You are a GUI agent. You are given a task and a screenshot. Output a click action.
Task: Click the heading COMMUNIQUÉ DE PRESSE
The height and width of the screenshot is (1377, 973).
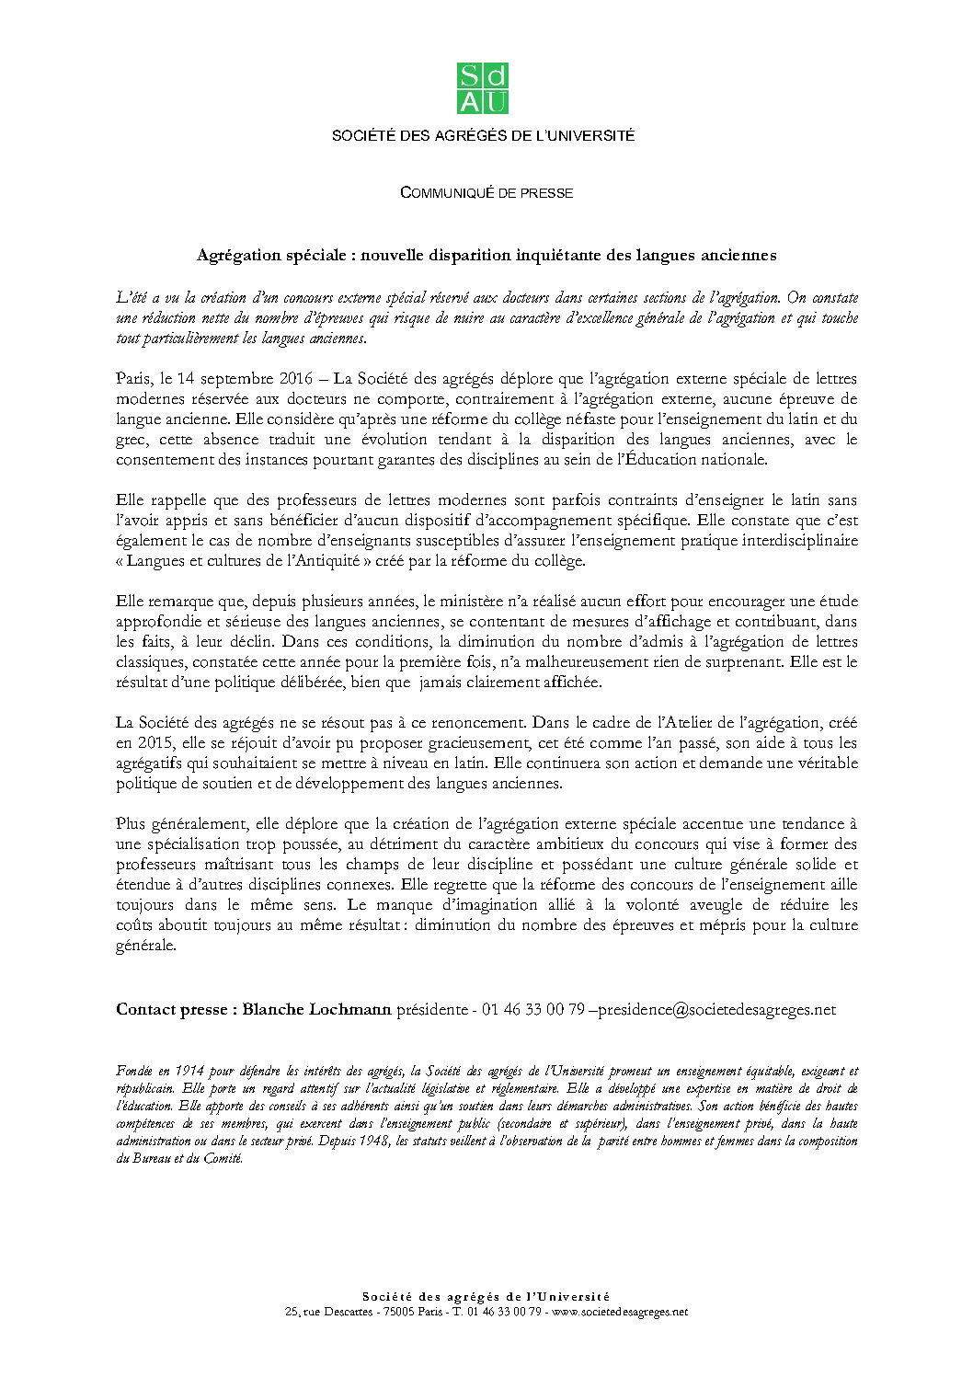pyautogui.click(x=486, y=192)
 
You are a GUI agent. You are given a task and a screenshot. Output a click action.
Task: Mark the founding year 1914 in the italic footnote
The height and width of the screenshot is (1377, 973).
pyautogui.click(x=191, y=1071)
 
